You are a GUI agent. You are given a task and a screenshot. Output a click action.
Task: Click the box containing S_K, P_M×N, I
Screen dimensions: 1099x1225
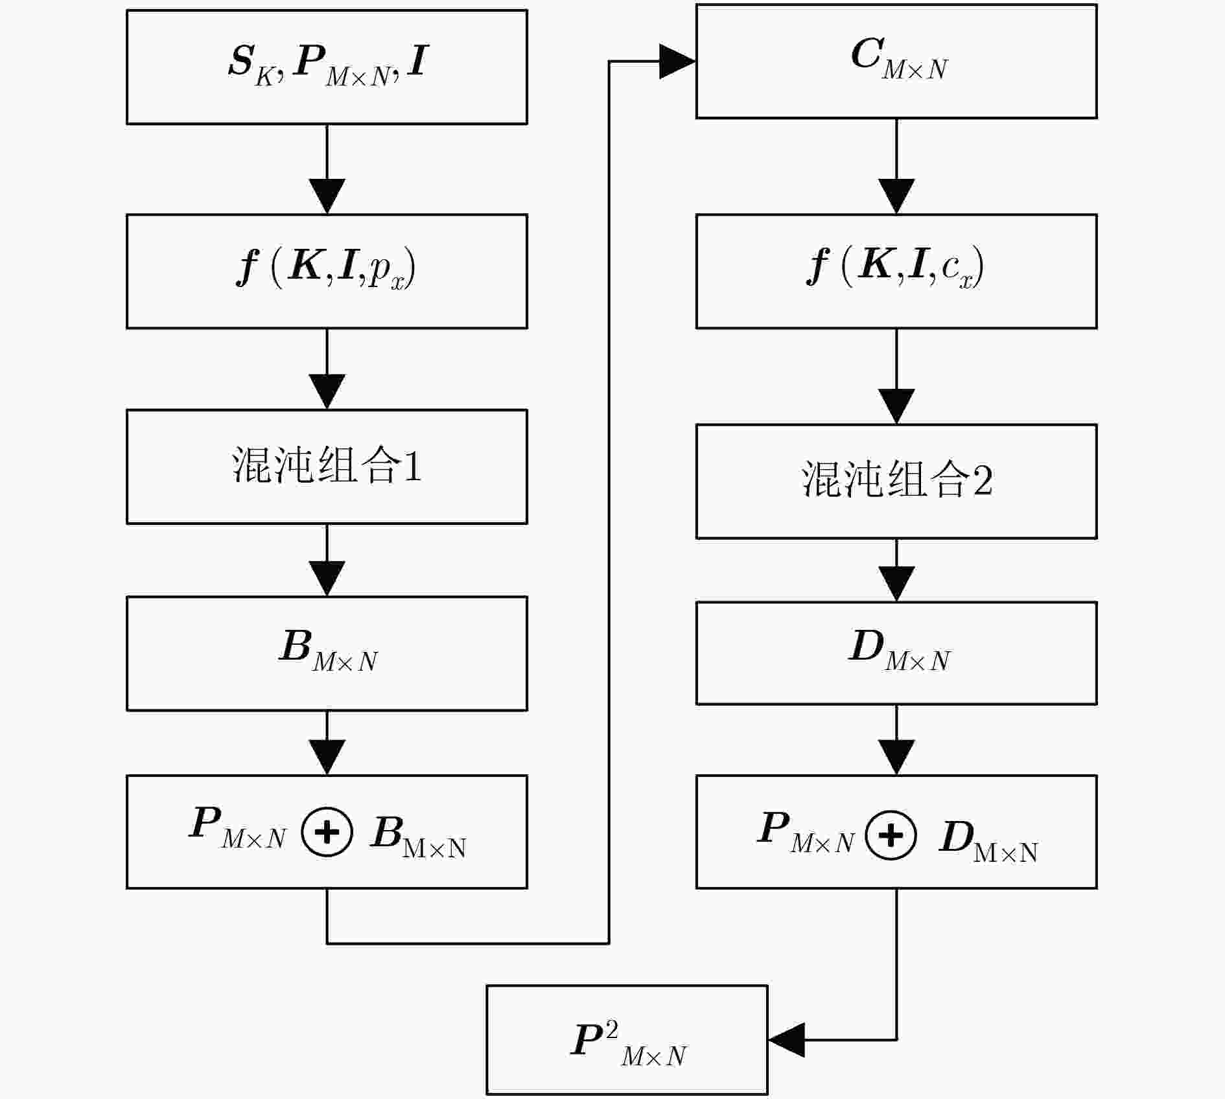pos(327,67)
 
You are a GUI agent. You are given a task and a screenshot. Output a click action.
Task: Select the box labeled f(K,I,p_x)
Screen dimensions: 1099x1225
pos(327,271)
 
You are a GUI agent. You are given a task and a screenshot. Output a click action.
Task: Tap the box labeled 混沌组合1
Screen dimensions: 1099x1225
pos(327,467)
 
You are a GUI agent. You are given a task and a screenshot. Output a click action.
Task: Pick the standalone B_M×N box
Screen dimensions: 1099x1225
pos(327,653)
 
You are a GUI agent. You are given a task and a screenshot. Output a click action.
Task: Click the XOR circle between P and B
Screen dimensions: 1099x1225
pos(327,832)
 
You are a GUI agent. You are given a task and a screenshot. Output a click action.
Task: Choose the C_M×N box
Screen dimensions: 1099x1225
pos(896,62)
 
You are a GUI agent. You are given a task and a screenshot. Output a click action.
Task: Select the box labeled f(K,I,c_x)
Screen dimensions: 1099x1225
pos(896,271)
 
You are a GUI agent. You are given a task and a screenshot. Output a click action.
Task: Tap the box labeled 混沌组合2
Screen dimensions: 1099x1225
pos(896,481)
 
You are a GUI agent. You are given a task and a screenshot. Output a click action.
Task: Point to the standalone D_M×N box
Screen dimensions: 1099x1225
pos(896,653)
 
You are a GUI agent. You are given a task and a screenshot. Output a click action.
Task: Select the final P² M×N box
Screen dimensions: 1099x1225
pos(627,1040)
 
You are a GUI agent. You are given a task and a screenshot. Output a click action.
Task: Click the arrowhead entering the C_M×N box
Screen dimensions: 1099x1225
pos(676,62)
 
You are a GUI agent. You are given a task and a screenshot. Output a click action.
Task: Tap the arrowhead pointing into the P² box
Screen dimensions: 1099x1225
pos(786,1040)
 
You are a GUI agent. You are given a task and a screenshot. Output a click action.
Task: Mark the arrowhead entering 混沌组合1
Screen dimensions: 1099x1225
pos(327,391)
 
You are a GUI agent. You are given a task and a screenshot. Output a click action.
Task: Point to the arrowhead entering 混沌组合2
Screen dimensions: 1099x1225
pos(896,406)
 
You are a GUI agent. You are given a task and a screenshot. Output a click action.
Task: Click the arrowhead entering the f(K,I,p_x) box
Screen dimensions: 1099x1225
pos(327,195)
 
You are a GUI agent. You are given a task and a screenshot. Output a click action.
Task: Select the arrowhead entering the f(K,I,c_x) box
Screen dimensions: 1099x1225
pos(896,195)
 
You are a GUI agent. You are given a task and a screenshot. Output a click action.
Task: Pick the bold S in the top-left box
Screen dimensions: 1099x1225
pos(241,62)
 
